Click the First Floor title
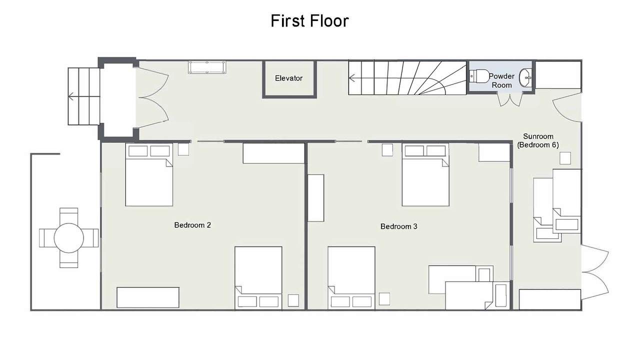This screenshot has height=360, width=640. pos(309,21)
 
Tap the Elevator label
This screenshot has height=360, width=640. pos(288,78)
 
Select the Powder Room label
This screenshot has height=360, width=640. pos(501,80)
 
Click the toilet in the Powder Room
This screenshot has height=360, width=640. pos(478,76)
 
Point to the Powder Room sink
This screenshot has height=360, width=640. pos(525,77)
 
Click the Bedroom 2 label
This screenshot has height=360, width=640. pos(192,225)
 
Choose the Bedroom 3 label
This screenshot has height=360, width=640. pos(399,226)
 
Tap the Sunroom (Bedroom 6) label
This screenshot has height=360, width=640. pos(538,140)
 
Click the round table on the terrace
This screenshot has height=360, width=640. pos(69,238)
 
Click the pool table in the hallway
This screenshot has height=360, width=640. pos(207,67)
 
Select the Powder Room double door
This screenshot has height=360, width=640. pos(510,99)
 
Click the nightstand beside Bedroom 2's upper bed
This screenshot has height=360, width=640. pos(183,149)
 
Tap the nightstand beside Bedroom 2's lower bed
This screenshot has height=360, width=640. pos(293,300)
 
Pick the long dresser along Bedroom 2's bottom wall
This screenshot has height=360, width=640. pos(148,297)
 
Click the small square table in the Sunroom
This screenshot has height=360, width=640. pos(565,158)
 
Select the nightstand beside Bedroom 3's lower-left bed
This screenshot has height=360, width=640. pos(384,299)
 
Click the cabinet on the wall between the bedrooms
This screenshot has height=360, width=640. pos(316,198)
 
